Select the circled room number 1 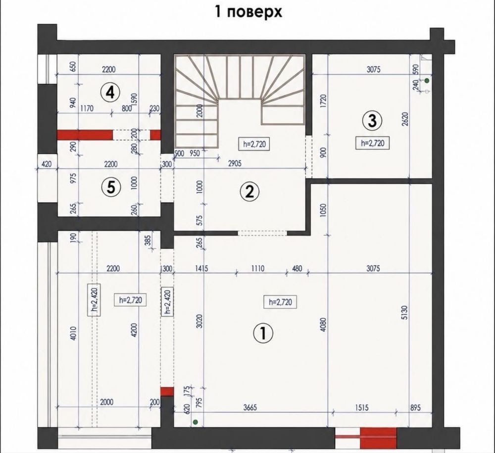point(263,333)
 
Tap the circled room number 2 point(249,191)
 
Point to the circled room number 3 point(373,120)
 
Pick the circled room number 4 point(110,93)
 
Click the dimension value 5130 point(405,312)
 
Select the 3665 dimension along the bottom point(249,407)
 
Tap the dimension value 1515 point(361,407)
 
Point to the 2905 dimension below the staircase point(235,163)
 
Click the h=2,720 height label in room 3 point(373,143)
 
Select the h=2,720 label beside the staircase point(254,144)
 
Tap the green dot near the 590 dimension point(427,81)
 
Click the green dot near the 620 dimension point(196,422)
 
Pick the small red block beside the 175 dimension point(167,392)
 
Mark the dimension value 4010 point(73,334)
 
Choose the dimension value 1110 point(258,269)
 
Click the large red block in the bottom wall point(378,438)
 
